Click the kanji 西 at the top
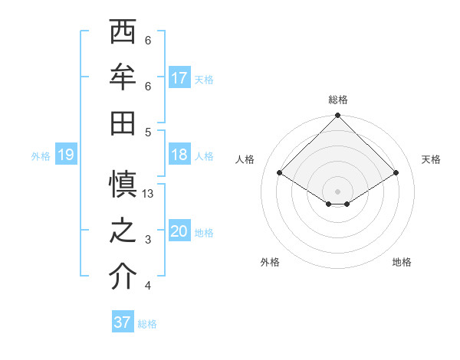click(x=123, y=33)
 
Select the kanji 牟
click(x=123, y=77)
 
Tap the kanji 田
click(x=123, y=122)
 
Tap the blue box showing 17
click(x=179, y=78)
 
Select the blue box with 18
click(x=179, y=155)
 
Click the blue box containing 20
click(x=179, y=231)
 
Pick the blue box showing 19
click(x=65, y=155)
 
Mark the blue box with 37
click(x=123, y=322)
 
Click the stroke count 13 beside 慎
click(x=148, y=194)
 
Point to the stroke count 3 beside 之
click(x=148, y=240)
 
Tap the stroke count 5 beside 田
click(x=148, y=132)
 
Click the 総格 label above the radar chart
click(x=337, y=100)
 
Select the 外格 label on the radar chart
click(x=270, y=262)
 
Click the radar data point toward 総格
click(x=337, y=116)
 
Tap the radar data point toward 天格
click(x=396, y=173)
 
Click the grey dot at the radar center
click(x=337, y=190)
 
